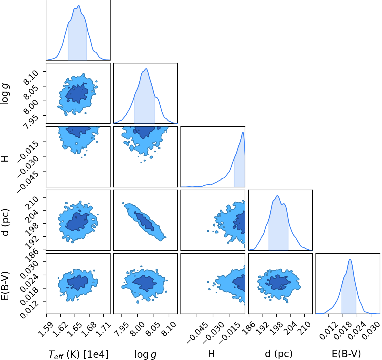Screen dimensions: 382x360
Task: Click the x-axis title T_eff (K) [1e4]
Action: (79, 354)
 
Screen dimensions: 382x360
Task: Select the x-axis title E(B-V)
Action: (346, 354)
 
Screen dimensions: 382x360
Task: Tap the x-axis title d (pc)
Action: (279, 354)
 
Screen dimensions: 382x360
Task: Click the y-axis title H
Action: (5, 159)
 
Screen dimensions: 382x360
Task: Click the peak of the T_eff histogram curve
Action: (79, 5)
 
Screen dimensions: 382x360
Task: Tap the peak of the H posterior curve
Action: (243, 132)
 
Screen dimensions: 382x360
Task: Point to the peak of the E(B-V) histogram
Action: (350, 259)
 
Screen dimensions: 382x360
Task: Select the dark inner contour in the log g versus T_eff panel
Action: (77, 93)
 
